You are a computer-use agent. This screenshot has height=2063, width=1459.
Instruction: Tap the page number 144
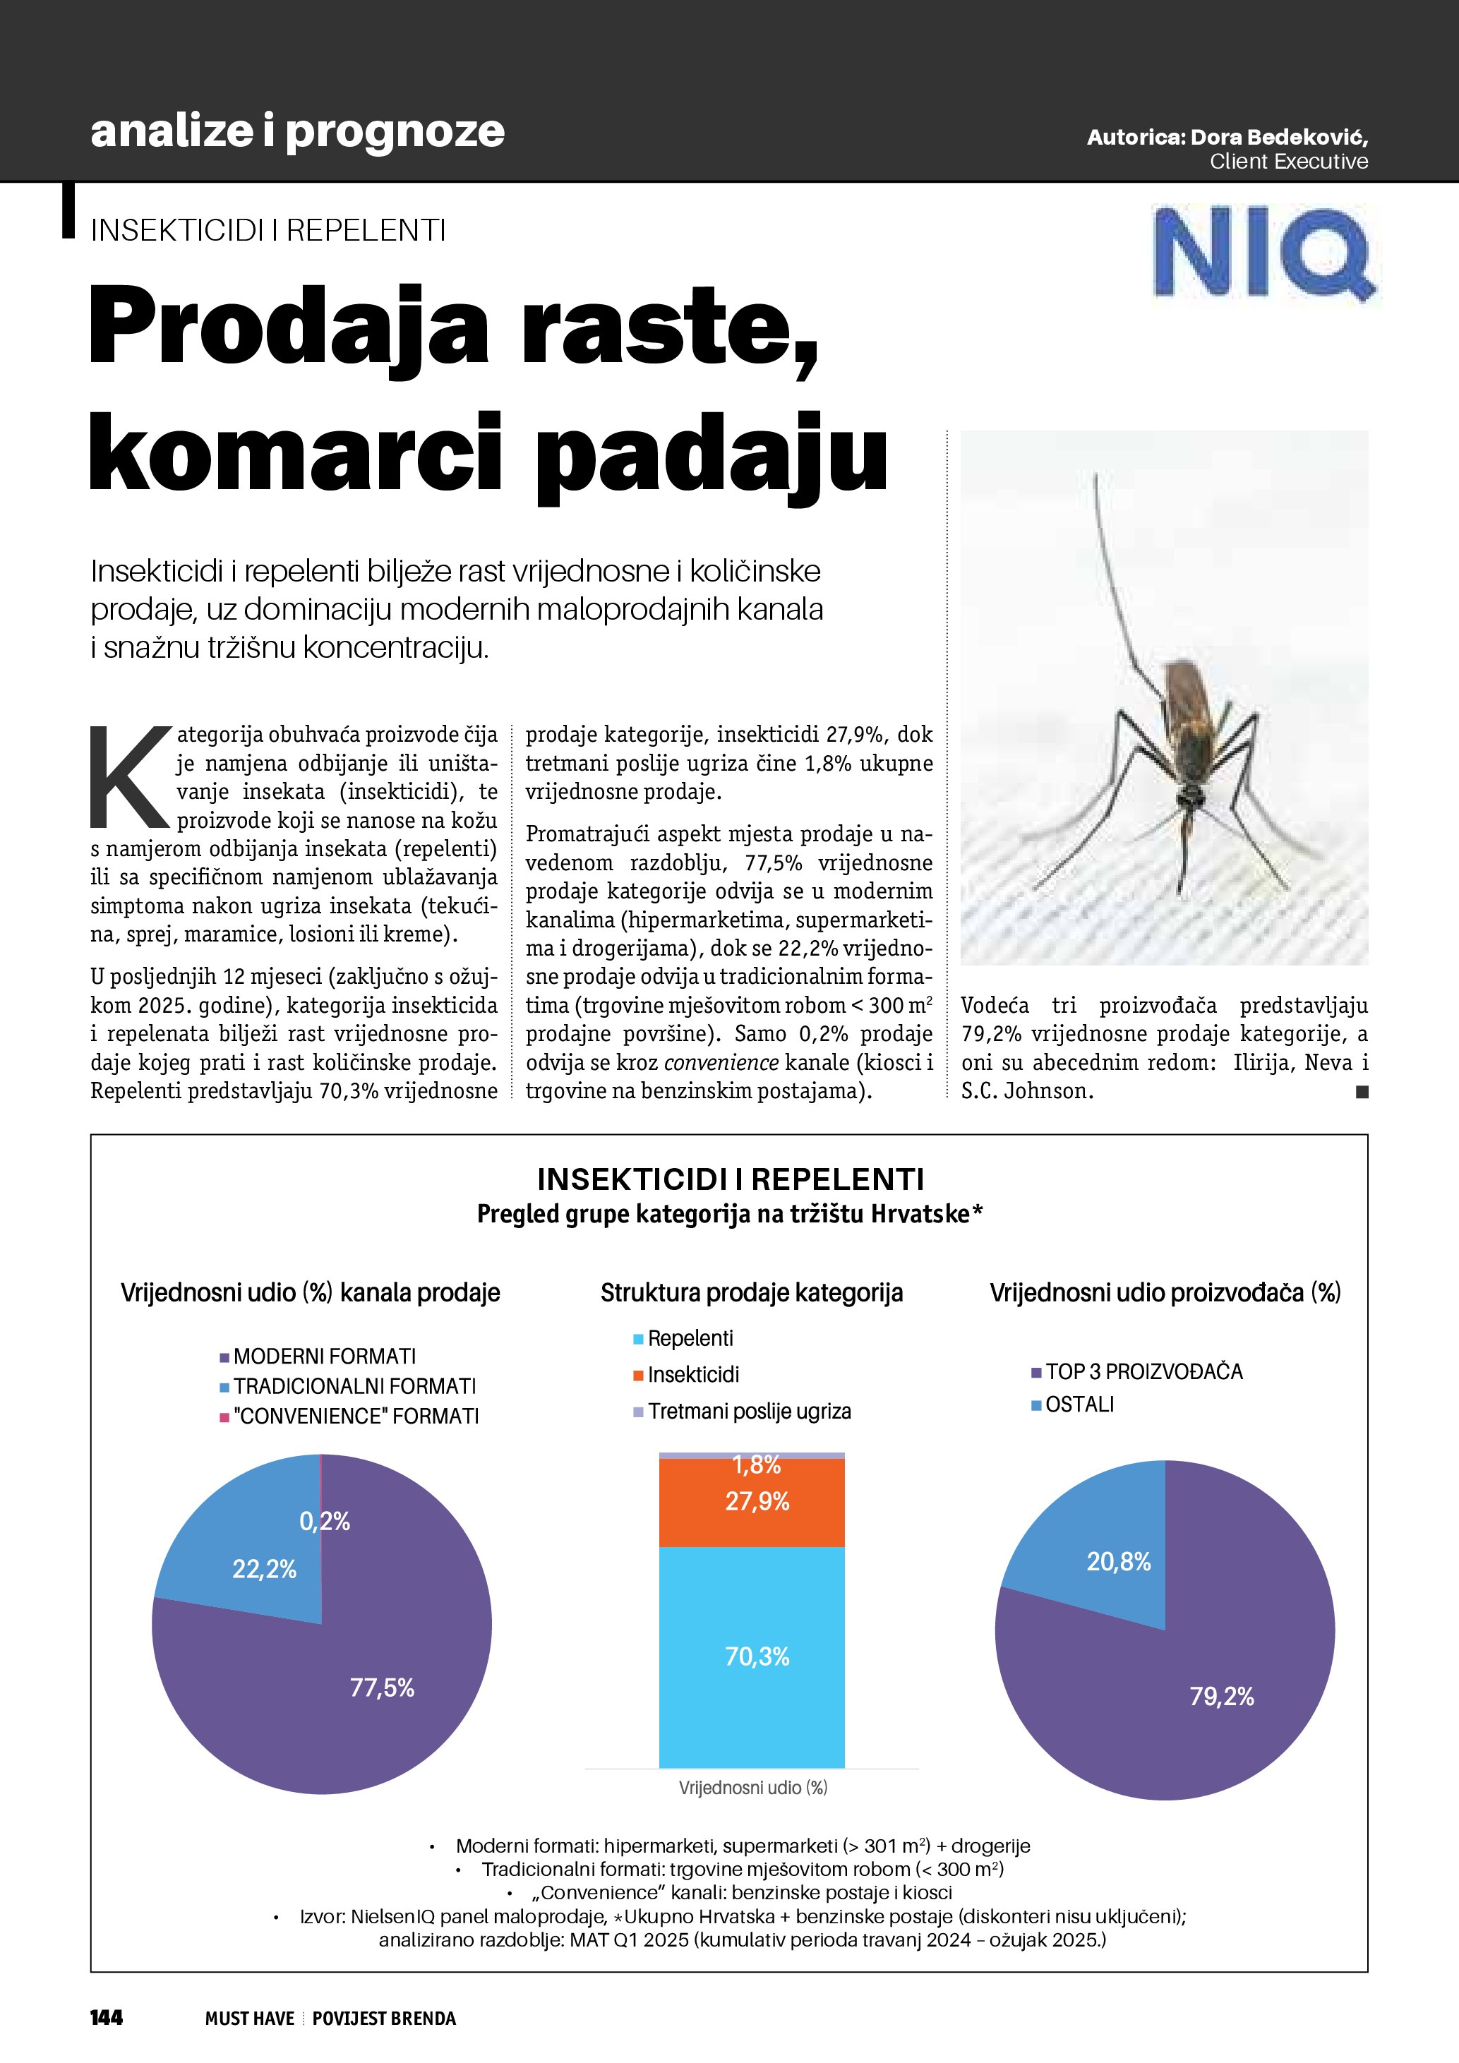(x=106, y=2017)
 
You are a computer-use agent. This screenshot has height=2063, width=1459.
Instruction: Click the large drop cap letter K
(x=131, y=777)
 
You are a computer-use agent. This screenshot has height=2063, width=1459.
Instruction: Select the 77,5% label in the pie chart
(x=382, y=1688)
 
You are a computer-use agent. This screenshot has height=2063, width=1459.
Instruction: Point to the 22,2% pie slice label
(x=264, y=1569)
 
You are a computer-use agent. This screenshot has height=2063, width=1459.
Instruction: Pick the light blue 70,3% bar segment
(x=752, y=1656)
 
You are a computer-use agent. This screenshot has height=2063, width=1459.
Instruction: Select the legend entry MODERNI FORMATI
(x=324, y=1356)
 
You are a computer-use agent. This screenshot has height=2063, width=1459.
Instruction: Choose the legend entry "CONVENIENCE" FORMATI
(x=356, y=1416)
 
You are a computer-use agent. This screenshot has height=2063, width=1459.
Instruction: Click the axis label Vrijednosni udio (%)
(x=753, y=1788)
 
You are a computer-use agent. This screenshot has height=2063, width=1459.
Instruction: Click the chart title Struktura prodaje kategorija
(x=752, y=1293)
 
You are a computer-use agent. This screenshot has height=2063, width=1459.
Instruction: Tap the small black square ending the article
(x=1362, y=1092)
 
